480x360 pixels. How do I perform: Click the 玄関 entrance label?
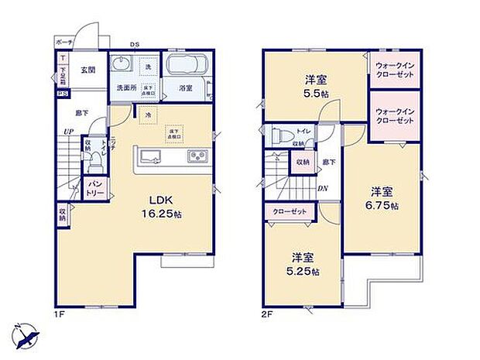[87, 70]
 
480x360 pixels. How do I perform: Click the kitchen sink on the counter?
[151, 158]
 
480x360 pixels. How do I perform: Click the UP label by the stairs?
[69, 132]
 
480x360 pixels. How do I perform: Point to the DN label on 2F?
[322, 187]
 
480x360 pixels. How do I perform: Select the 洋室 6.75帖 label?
[382, 197]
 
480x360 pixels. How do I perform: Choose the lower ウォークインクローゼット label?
[396, 117]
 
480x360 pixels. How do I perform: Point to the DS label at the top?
[134, 44]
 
